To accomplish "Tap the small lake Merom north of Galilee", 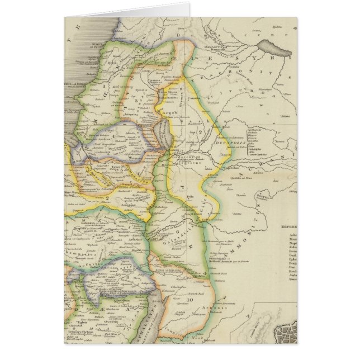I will click(164, 89).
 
